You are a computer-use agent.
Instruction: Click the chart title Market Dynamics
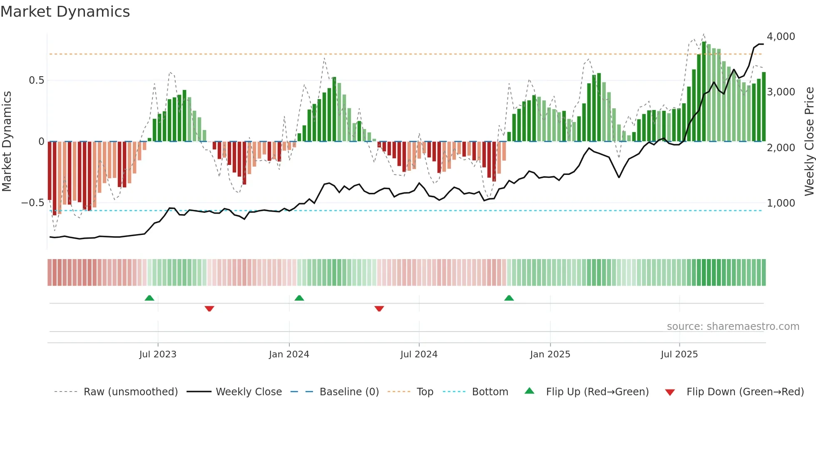65,12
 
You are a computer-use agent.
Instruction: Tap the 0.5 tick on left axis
36,80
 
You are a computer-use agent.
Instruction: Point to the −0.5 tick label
33,203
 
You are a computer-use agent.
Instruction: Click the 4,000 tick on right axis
781,37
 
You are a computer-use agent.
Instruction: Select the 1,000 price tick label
781,203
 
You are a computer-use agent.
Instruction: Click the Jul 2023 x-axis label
158,354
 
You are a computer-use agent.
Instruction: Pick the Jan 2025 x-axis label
550,354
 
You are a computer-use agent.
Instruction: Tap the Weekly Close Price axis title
809,141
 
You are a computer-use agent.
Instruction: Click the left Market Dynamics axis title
7,141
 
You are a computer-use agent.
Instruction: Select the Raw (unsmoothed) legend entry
130,392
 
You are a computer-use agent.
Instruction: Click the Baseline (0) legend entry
349,392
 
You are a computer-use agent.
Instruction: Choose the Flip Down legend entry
745,392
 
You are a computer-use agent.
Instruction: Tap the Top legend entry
425,392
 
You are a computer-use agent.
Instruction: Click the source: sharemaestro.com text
733,327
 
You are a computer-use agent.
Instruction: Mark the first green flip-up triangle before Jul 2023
149,298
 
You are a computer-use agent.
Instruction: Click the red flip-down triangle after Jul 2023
209,308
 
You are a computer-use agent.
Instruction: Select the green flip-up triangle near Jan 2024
299,298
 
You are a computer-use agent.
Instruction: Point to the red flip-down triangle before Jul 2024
379,308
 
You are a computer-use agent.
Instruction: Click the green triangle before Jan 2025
509,298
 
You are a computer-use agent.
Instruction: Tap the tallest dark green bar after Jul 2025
704,92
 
